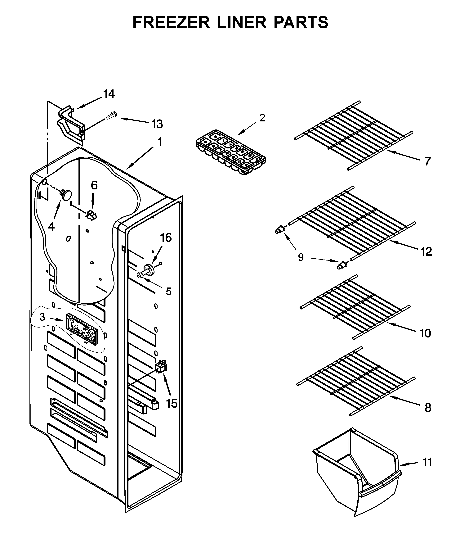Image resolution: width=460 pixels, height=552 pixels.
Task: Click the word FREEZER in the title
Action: [x=171, y=22]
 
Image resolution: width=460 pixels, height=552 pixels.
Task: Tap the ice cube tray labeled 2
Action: [x=230, y=152]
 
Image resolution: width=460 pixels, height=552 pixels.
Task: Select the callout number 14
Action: [x=109, y=94]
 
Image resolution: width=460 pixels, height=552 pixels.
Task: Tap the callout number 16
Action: [x=166, y=238]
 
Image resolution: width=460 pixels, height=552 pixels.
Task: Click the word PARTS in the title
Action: [x=301, y=22]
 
